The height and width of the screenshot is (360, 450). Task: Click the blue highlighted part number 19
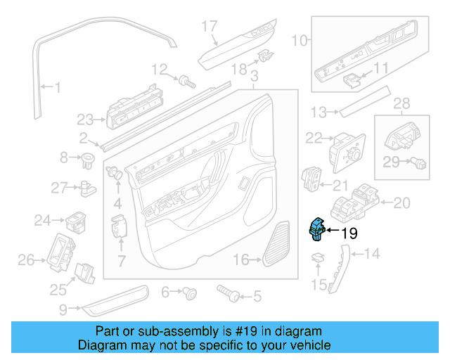317,229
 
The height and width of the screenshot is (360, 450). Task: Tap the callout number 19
349,233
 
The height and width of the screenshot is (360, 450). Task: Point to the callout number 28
401,104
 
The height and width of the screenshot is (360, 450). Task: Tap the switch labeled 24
75,222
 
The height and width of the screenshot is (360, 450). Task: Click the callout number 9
63,308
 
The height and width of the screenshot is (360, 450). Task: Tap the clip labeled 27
88,187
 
